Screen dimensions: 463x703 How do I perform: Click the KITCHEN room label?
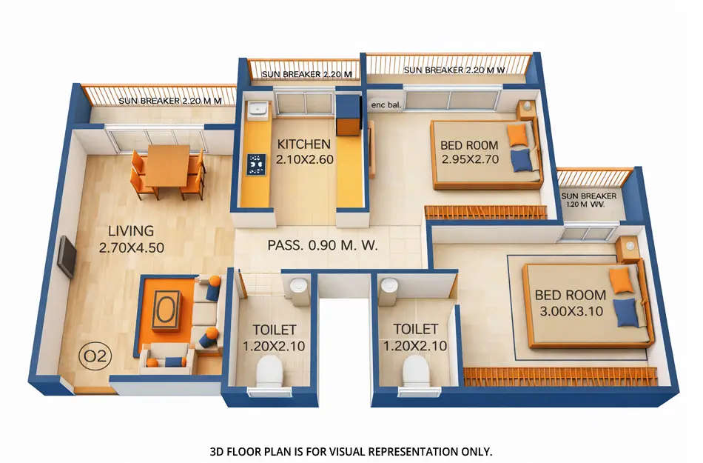pos(303,144)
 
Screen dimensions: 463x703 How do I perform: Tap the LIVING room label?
pos(130,231)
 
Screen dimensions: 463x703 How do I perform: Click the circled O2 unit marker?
pos(95,356)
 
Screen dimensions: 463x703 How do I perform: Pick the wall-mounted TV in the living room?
pos(67,256)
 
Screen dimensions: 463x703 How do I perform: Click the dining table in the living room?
pos(166,165)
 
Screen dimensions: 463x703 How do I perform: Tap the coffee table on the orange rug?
pos(166,309)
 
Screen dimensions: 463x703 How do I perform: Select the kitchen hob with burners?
pos(256,164)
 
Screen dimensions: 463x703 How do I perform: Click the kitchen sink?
pos(257,110)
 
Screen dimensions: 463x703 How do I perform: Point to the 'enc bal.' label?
pos(386,106)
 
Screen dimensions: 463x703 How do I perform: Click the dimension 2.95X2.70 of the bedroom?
pos(469,159)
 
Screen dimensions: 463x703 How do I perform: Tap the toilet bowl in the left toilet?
pos(269,370)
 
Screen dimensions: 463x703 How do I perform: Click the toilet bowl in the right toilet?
pos(415,370)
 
